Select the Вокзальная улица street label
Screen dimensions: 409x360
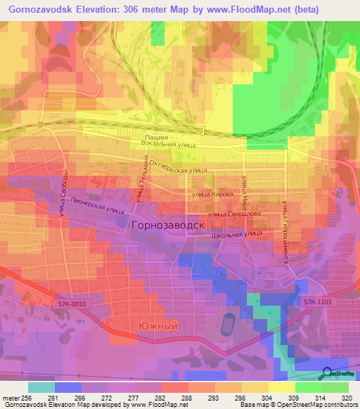169,143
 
